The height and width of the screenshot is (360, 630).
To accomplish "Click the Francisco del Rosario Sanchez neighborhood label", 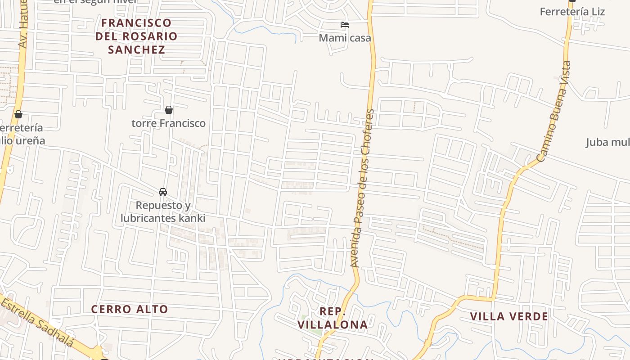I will [136, 36].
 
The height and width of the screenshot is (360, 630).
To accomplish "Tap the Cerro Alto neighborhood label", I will [130, 309].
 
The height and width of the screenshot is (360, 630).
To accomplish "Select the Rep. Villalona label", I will [333, 318].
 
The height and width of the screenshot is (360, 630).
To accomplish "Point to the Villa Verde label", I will [509, 316].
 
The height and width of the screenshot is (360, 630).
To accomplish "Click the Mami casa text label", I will [345, 38].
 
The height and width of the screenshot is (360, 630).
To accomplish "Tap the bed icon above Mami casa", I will [345, 25].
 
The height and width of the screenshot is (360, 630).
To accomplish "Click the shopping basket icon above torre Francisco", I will [169, 110].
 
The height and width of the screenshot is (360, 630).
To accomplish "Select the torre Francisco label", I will [168, 123].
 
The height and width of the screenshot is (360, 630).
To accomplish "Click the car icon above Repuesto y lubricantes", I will [163, 192].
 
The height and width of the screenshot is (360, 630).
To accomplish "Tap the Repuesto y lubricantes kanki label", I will [163, 212].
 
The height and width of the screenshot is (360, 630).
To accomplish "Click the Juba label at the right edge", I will [607, 143].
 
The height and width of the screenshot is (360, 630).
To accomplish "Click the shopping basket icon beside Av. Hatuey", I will [18, 114].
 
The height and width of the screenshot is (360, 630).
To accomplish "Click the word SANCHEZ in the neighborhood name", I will [136, 49].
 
